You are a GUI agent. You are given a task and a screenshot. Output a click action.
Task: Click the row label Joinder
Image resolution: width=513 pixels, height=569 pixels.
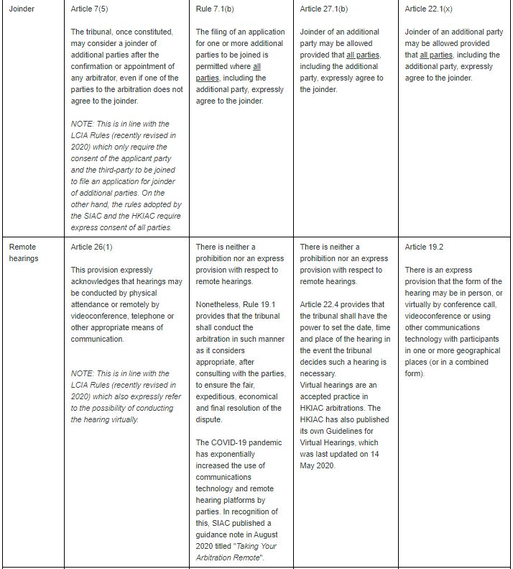(x=22, y=9)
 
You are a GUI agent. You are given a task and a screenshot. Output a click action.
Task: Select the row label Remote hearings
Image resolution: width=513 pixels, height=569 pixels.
(x=24, y=252)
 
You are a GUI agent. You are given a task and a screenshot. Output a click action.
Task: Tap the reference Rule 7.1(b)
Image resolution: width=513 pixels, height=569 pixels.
(x=215, y=9)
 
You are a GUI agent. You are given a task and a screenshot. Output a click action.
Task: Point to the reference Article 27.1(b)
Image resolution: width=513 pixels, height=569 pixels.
(x=324, y=9)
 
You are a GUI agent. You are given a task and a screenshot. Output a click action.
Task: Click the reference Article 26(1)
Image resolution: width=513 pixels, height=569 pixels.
(x=92, y=247)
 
